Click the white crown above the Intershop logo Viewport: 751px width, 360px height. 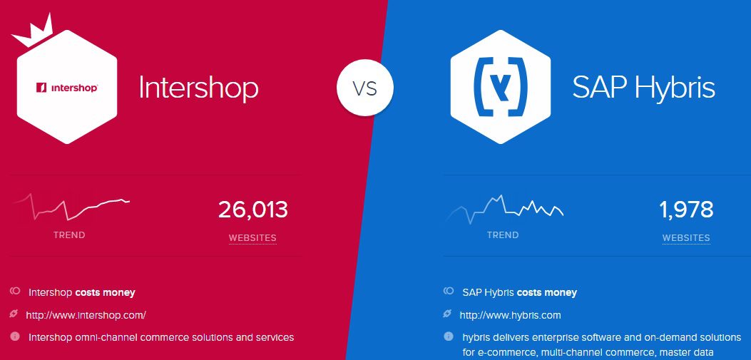[32, 33]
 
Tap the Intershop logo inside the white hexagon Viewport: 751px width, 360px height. [67, 88]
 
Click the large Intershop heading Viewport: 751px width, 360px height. [198, 88]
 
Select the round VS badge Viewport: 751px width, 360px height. [365, 88]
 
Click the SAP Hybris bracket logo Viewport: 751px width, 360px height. [500, 87]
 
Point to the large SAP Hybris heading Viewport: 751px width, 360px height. [643, 88]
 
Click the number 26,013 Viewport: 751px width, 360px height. [253, 210]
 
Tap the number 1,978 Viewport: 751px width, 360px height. [686, 210]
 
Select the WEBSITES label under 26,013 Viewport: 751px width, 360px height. [252, 237]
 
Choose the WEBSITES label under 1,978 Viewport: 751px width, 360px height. [686, 237]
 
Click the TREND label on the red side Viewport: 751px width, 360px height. [69, 235]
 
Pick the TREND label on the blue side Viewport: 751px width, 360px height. [503, 235]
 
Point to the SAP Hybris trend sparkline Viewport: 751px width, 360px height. [504, 209]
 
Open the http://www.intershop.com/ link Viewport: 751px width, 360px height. [86, 315]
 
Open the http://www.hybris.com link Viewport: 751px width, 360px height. [510, 315]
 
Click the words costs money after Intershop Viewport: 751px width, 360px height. [106, 292]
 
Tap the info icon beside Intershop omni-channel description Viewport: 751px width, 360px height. [15, 336]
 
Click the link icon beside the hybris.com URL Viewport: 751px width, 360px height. [448, 314]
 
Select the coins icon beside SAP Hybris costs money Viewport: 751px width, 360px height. [449, 291]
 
